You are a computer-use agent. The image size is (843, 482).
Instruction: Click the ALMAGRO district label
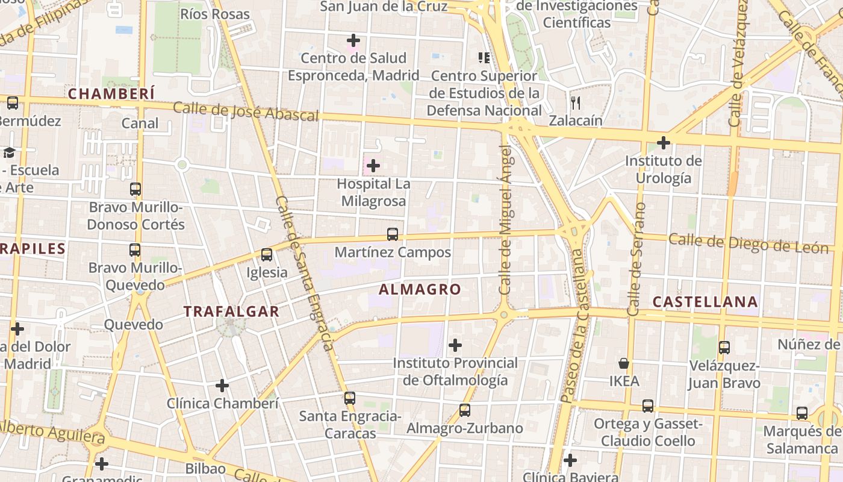click(420, 289)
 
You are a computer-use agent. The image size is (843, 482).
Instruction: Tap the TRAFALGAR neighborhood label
click(231, 311)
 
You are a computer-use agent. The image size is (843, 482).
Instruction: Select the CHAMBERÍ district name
click(111, 94)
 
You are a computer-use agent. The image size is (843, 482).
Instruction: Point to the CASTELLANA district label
click(705, 302)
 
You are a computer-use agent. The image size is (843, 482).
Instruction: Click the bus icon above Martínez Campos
click(393, 234)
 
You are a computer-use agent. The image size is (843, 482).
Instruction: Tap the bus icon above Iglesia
click(267, 255)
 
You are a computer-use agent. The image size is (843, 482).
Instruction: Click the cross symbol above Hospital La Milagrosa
click(373, 165)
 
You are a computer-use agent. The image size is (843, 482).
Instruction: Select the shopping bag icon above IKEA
click(624, 363)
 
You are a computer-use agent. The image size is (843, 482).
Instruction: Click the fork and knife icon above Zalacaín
click(576, 103)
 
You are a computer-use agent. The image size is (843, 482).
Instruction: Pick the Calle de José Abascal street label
click(245, 112)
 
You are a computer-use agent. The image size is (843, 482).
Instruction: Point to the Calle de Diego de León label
click(748, 243)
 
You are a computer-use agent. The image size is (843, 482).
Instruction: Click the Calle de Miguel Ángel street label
click(507, 220)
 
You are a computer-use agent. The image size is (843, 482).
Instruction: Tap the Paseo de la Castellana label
click(575, 325)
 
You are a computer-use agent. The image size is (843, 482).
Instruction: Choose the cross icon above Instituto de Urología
click(663, 143)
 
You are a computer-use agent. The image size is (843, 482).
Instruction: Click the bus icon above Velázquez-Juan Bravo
click(724, 348)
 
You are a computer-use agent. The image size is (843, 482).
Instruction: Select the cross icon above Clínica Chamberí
click(222, 385)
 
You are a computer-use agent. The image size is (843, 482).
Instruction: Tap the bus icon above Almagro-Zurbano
click(464, 410)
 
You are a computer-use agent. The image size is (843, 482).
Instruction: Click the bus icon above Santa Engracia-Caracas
click(350, 398)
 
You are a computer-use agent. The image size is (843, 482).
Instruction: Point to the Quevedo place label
click(134, 325)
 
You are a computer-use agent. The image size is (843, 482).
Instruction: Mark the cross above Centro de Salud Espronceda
click(353, 40)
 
